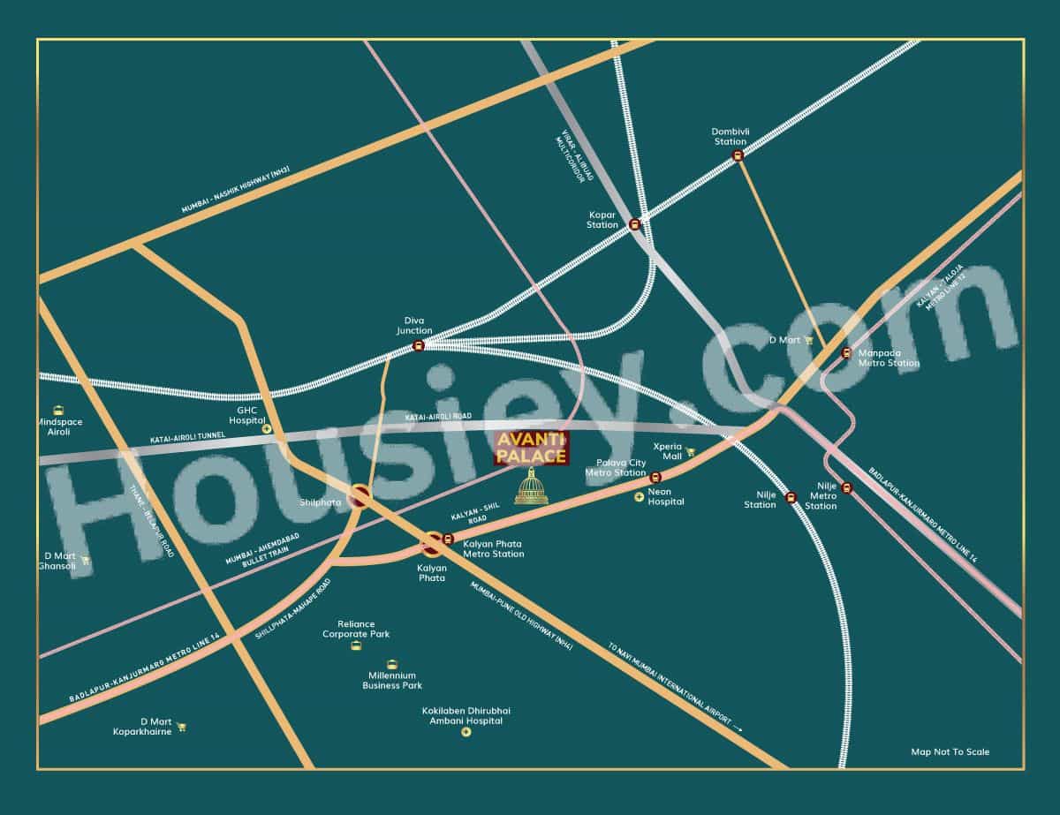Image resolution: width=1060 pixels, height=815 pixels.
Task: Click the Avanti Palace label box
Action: [531, 448]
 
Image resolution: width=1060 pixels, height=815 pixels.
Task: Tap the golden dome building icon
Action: [531, 487]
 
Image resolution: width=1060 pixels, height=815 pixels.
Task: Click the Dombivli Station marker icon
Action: [737, 156]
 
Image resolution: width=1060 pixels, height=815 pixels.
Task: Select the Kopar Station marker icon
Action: [634, 223]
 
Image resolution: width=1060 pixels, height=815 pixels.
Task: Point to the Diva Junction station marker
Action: [419, 346]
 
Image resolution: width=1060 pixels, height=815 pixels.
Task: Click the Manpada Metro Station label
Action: [889, 358]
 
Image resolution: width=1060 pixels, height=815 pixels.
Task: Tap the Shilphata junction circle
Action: [360, 497]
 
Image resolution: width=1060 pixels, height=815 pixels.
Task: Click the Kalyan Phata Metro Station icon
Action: [448, 539]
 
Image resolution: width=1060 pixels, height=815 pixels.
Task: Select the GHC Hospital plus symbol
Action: [267, 429]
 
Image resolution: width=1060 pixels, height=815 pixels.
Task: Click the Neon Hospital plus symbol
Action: [639, 497]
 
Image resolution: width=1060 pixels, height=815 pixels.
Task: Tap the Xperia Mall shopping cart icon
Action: [691, 452]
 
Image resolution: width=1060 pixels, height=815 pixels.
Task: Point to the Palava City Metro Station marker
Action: [655, 477]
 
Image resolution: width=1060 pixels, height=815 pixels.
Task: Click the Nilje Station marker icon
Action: [791, 497]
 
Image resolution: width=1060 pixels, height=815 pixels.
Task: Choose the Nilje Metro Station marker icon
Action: [847, 487]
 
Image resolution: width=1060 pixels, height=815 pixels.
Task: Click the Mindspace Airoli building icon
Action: [59, 410]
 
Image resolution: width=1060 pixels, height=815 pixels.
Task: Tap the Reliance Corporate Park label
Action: [356, 629]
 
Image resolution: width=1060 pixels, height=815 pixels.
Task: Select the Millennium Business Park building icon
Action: [392, 664]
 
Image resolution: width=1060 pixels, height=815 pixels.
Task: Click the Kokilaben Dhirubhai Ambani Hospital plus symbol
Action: [466, 731]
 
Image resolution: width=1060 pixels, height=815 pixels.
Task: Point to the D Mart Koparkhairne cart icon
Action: [181, 728]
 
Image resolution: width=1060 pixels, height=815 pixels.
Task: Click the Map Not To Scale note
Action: [950, 752]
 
